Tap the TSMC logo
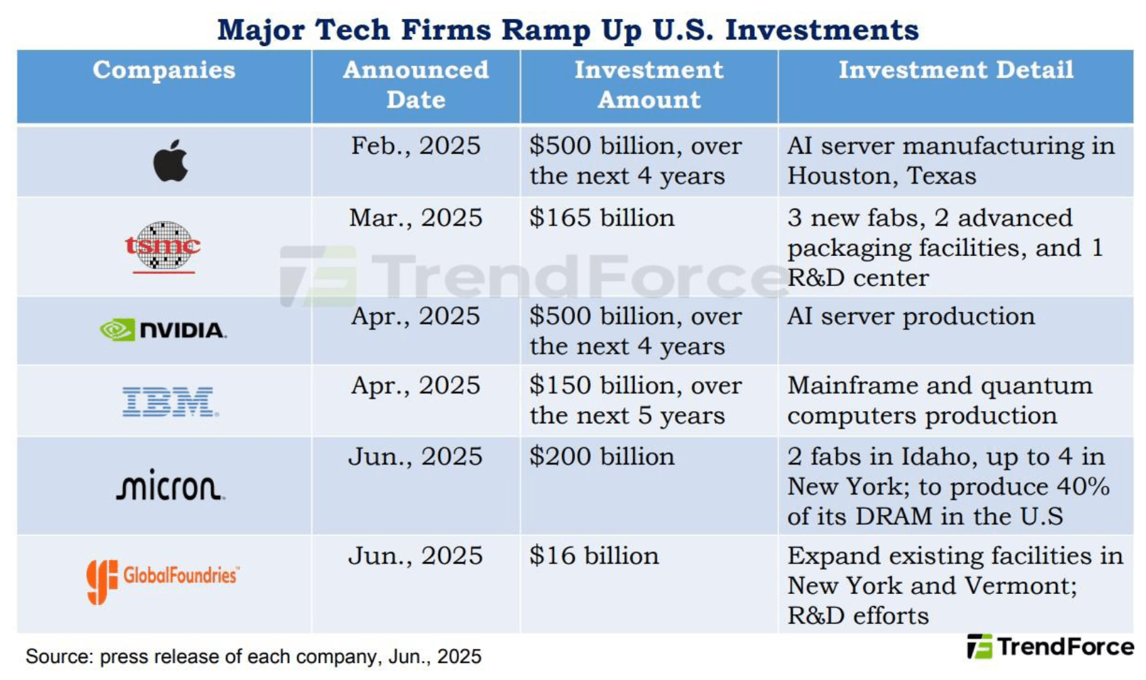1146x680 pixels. click(163, 247)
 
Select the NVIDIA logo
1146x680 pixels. click(163, 331)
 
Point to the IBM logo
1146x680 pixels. click(171, 402)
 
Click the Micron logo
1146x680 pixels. click(171, 484)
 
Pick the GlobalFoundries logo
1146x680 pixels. click(162, 582)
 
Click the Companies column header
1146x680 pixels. click(164, 70)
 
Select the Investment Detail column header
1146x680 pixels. click(956, 70)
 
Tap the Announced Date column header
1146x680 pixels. click(416, 85)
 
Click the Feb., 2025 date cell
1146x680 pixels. click(416, 146)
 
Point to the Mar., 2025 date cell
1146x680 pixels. click(416, 218)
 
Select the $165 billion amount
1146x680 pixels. click(602, 218)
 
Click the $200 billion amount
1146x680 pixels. click(602, 456)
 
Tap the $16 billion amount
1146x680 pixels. click(594, 556)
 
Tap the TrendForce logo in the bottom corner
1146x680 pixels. click(1051, 647)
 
